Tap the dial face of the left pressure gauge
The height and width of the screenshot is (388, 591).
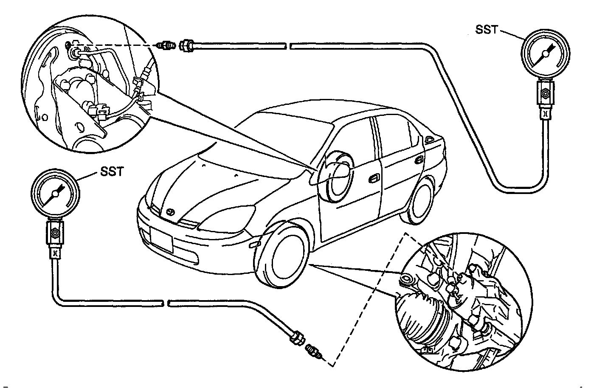click(x=55, y=194)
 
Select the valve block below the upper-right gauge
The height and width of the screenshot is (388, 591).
click(x=545, y=93)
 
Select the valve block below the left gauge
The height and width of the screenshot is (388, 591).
click(x=55, y=233)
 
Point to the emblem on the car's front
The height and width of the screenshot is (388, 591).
click(x=170, y=212)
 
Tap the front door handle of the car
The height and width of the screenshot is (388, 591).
click(x=374, y=179)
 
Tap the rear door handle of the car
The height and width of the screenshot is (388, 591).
click(x=419, y=159)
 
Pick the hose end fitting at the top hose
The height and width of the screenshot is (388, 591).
click(x=187, y=45)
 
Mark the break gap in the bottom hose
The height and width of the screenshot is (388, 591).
click(x=166, y=303)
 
